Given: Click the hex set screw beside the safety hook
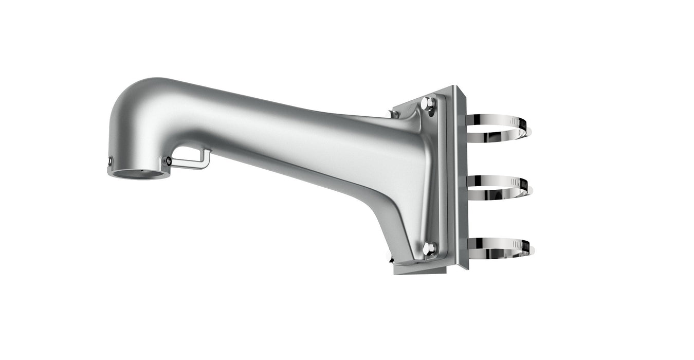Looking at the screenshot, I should [168, 161].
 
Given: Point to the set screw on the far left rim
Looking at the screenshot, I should [110, 163].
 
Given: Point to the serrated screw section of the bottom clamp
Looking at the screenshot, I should [524, 246].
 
